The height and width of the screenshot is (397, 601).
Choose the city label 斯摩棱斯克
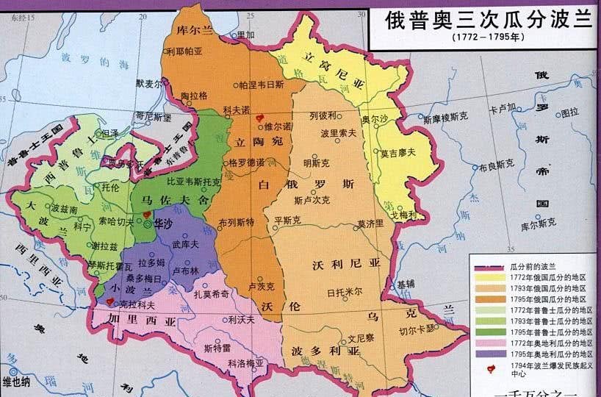coord(448,118)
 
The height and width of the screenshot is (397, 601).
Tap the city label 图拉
coord(569,112)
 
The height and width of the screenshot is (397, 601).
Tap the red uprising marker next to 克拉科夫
coord(110,301)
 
